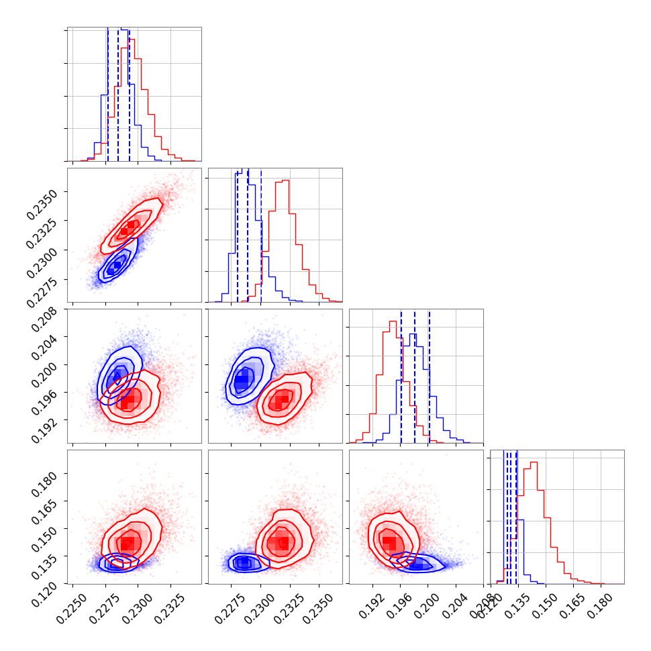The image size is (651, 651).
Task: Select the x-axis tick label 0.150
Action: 541,604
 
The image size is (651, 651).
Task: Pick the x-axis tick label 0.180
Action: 595,604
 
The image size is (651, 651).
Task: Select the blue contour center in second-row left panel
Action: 116,266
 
